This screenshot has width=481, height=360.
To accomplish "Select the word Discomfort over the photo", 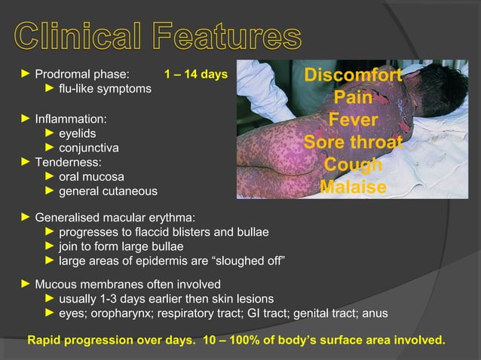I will [353, 78].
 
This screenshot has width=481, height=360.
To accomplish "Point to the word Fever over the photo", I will [353, 121].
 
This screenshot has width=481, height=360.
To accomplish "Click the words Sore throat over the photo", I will [353, 143].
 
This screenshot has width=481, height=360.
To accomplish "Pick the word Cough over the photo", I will [353, 165].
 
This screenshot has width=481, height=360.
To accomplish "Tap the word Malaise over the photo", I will [353, 187].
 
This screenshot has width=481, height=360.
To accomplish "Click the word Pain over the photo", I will [353, 99].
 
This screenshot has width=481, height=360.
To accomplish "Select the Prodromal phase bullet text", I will [82, 75].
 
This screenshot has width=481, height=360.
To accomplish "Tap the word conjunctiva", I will [88, 148].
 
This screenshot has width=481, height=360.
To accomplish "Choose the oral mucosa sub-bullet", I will [90, 177].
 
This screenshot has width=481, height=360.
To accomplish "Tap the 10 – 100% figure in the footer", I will [240, 340].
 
